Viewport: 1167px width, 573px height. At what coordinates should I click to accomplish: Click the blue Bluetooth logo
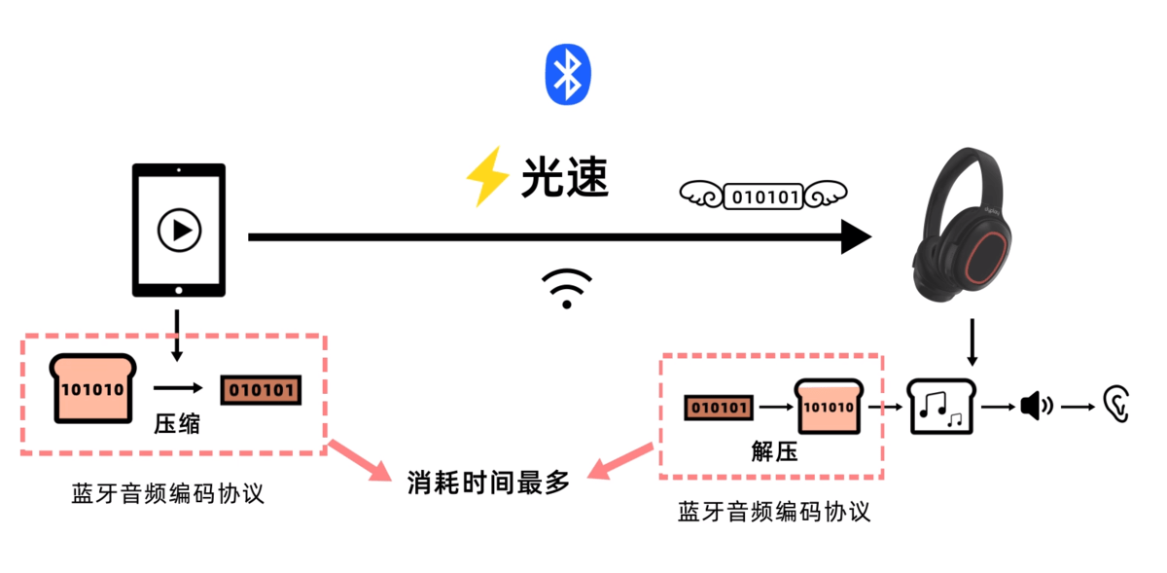[568, 74]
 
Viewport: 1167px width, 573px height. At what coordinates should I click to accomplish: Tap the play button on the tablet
[180, 231]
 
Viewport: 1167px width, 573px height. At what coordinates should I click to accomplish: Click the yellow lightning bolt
[487, 176]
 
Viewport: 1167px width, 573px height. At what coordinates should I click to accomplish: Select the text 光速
[565, 178]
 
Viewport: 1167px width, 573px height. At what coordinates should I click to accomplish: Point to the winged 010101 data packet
[764, 197]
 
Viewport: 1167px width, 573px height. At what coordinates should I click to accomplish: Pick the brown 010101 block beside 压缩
[260, 390]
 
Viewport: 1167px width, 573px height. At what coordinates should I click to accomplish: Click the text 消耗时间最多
[488, 481]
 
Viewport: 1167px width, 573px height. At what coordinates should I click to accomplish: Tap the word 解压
[774, 451]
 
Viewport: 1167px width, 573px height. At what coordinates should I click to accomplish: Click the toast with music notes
[941, 406]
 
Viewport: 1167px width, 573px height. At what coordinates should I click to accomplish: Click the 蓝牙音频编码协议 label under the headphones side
[774, 512]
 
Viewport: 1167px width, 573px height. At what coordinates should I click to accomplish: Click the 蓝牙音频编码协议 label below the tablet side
[168, 493]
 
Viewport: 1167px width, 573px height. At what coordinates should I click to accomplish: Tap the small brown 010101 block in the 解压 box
[718, 407]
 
